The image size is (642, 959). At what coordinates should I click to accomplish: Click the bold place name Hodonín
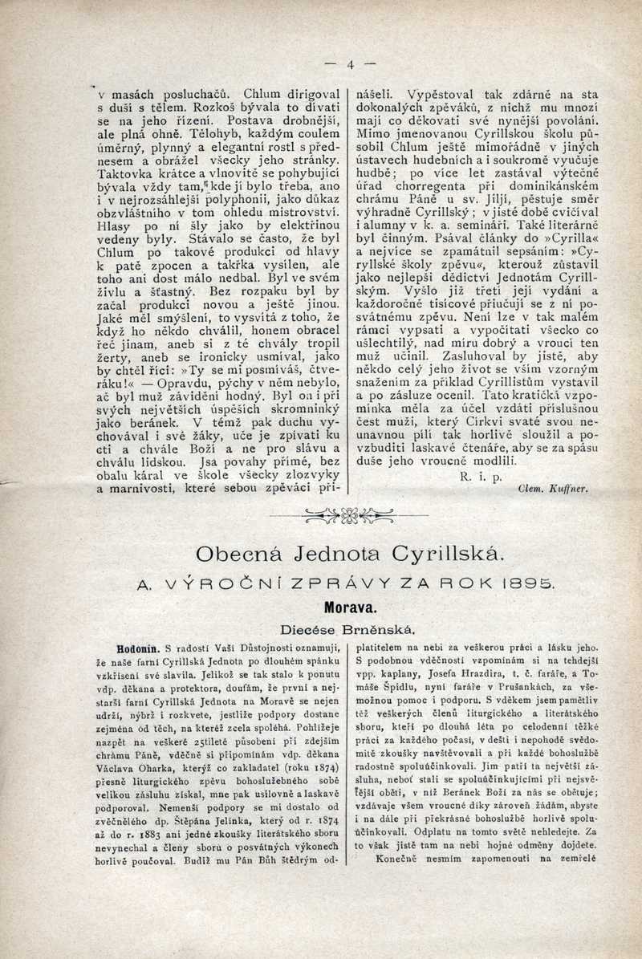(138, 646)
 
